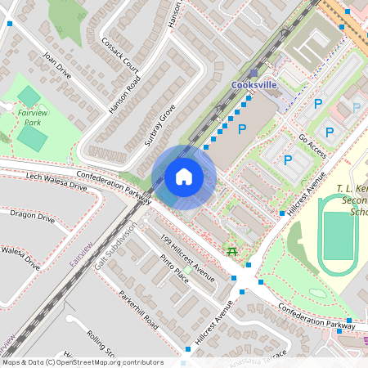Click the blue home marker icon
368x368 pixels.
pos(184,177)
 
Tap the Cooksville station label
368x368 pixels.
pos(254,85)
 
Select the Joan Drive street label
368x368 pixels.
pos(57,65)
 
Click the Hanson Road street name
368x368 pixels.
pos(125,95)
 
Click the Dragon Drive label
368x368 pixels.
pos(32,218)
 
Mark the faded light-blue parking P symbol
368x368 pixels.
pos(356,107)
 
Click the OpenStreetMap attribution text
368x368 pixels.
pos(82,362)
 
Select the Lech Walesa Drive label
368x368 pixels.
pos(56,181)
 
